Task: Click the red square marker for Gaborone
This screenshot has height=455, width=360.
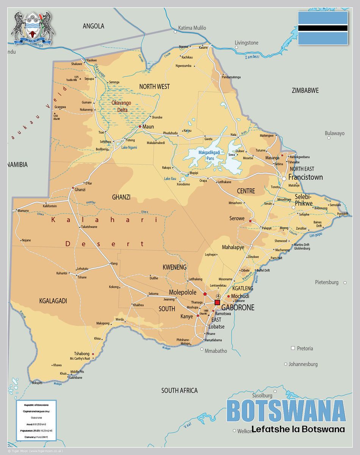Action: point(217,302)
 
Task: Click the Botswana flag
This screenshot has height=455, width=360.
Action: point(322,28)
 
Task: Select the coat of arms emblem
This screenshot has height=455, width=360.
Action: point(33,28)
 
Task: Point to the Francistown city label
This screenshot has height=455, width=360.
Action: point(305,177)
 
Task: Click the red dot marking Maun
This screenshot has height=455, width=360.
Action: point(140,126)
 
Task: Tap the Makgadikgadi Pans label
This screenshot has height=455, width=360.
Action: point(209,155)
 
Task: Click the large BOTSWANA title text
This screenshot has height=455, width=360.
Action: point(286,411)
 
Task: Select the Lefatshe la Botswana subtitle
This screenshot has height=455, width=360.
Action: point(298,429)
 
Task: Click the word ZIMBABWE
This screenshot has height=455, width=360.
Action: point(305,90)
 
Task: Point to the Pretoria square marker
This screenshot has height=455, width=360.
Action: point(293,348)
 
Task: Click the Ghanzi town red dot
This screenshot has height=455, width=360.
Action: point(73,188)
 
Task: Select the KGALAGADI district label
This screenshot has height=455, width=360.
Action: point(53,301)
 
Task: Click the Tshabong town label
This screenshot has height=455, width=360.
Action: point(82,353)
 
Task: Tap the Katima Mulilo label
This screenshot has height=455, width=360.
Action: point(192,28)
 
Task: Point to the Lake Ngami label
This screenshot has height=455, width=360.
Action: point(129,147)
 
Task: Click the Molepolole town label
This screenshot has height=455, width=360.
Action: point(183,292)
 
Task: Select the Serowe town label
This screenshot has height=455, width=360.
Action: point(237,218)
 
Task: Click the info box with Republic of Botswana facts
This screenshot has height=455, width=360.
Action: point(36,420)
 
